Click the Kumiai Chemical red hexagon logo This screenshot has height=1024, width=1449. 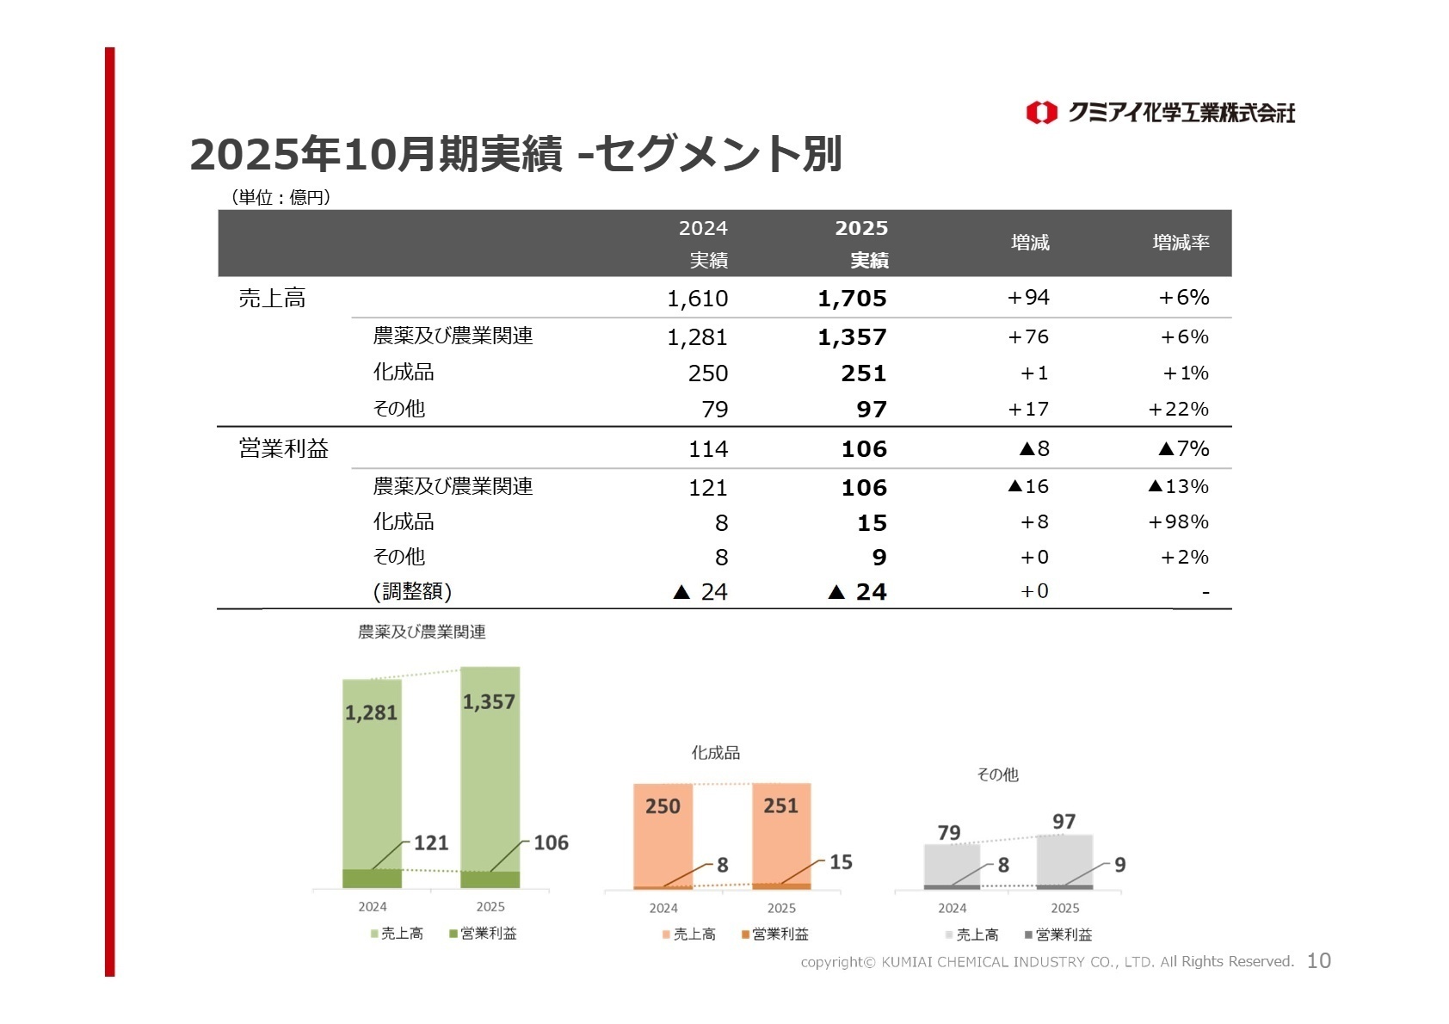[1041, 113]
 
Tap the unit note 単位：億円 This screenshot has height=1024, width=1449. [281, 197]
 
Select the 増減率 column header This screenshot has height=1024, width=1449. [1181, 243]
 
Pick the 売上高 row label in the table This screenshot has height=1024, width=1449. [272, 299]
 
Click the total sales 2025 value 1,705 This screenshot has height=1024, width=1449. [852, 299]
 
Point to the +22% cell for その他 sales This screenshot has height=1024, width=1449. [1178, 409]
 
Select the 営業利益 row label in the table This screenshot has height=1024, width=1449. [284, 448]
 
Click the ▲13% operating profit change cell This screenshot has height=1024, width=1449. [1178, 486]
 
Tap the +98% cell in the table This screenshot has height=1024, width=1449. [1178, 521]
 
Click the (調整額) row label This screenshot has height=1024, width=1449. [413, 591]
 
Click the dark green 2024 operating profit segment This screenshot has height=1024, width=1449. [372, 879]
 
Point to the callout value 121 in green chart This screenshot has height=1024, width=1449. [431, 842]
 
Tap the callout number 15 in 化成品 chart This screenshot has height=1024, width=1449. [841, 861]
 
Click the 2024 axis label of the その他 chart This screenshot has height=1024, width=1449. [952, 908]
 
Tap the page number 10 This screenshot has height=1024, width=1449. [1318, 961]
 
